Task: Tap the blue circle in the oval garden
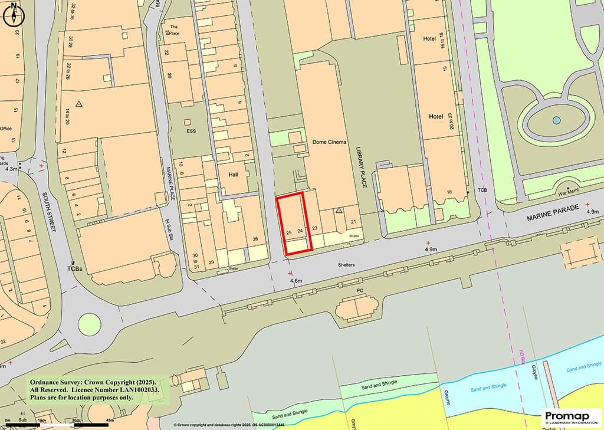point(556,120)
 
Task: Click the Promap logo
point(571,418)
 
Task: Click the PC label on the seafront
point(360,291)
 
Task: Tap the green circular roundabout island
point(89,324)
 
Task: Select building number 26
point(255,239)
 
